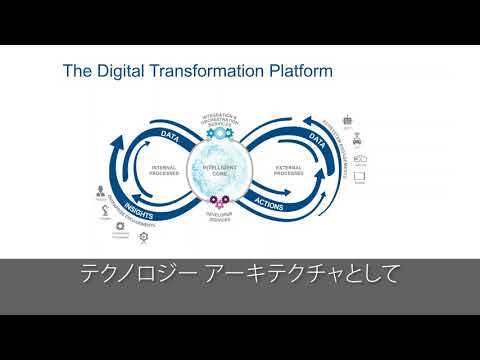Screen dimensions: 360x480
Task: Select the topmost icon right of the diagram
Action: [x=347, y=118]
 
